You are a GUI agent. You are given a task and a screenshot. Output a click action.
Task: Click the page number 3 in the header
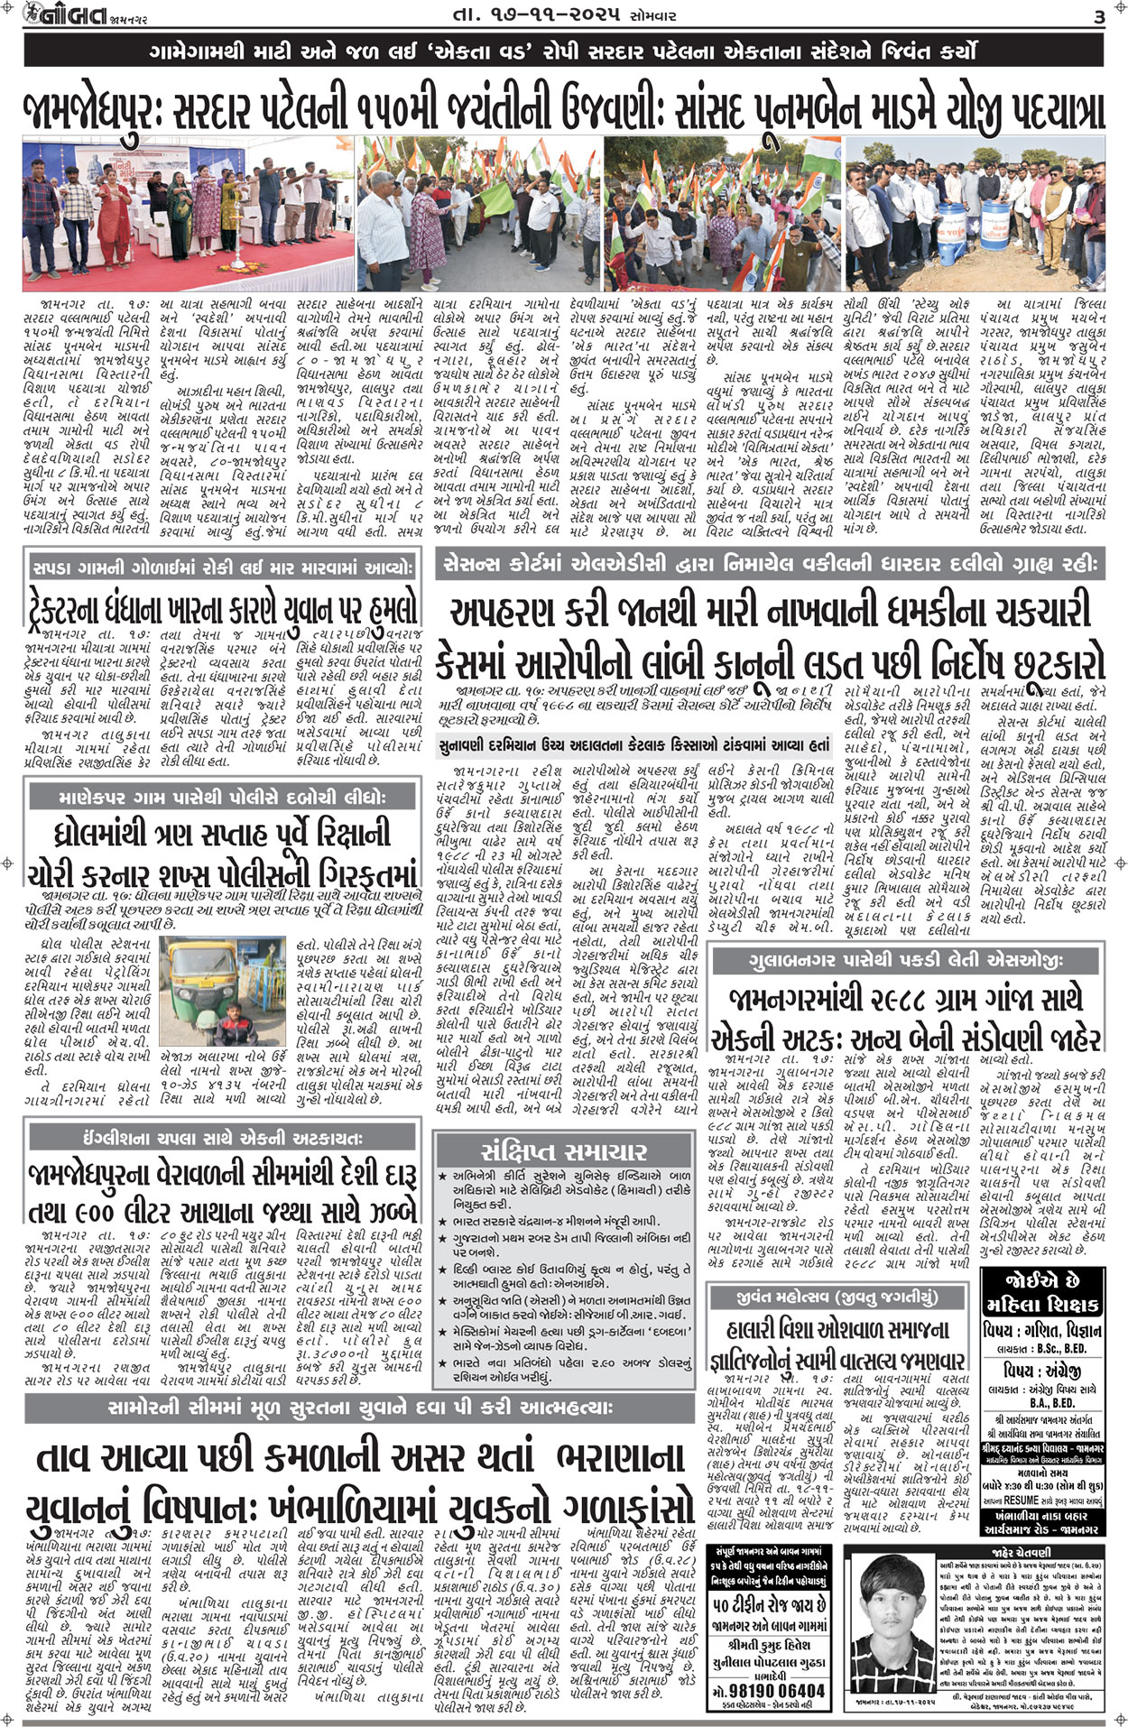(1099, 16)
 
